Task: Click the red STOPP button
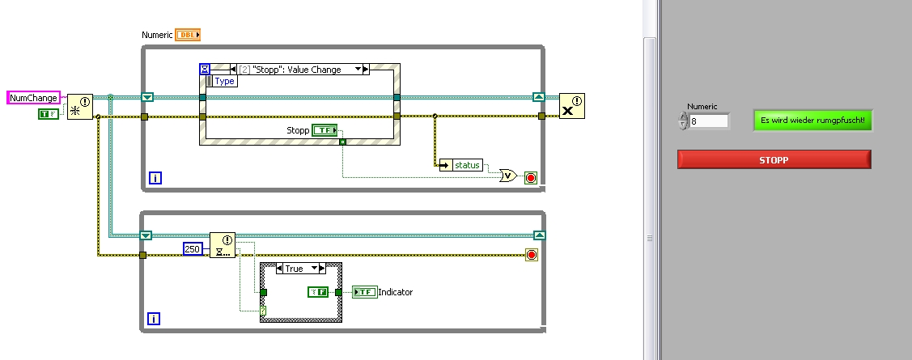tap(774, 159)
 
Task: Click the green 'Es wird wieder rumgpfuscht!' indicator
tap(813, 121)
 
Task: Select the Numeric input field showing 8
tap(708, 121)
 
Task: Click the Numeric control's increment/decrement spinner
tap(684, 121)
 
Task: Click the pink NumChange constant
tap(33, 98)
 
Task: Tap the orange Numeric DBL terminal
tap(187, 35)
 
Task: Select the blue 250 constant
tap(192, 248)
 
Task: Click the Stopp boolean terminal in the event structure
tap(325, 130)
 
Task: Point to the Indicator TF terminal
tap(366, 292)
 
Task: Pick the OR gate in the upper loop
tap(508, 176)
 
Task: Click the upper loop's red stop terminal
tap(531, 176)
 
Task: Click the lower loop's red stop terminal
tap(532, 256)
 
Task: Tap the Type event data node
tap(223, 81)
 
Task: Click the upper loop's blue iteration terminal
tap(155, 177)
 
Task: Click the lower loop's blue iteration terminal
tap(154, 320)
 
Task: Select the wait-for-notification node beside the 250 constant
tap(222, 244)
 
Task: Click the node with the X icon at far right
tap(571, 106)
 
